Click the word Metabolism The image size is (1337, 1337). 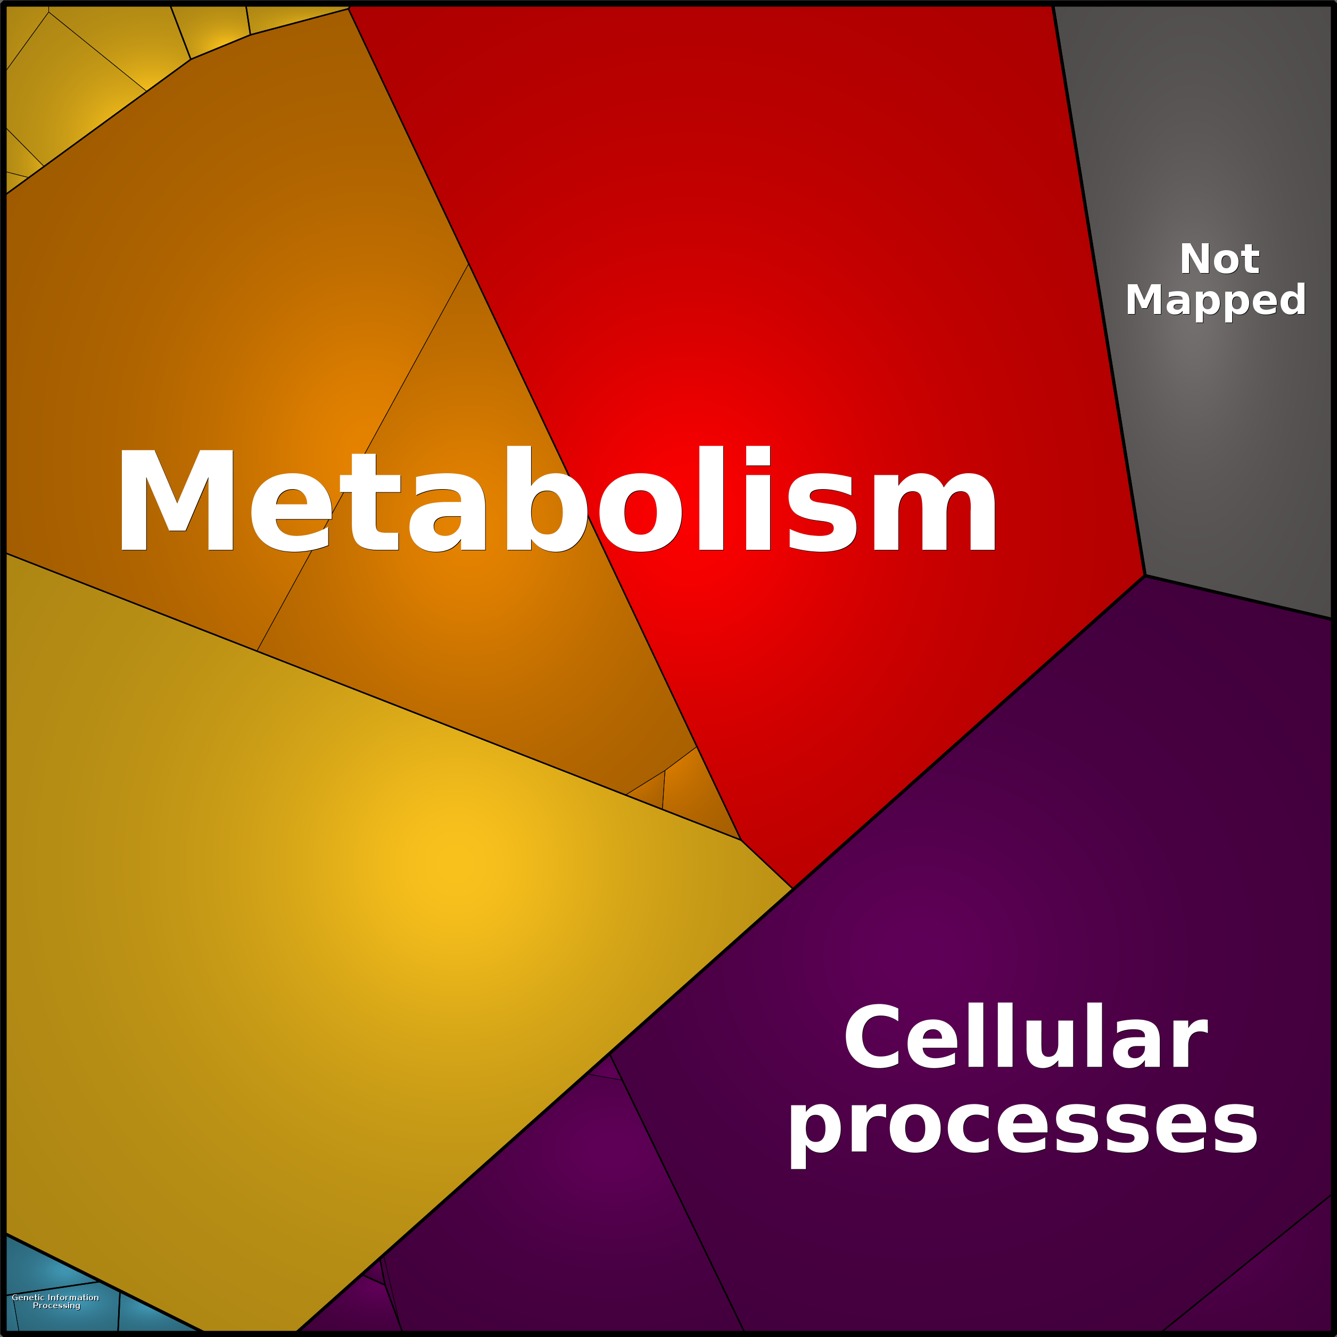(x=558, y=500)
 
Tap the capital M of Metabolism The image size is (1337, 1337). (x=177, y=500)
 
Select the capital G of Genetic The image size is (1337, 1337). (x=15, y=1298)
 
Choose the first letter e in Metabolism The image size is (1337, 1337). (x=290, y=513)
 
